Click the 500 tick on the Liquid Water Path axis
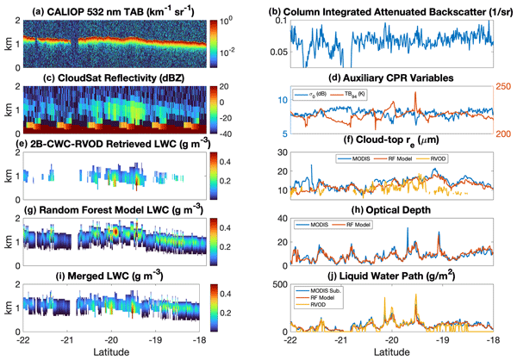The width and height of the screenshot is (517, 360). tap(280, 284)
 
